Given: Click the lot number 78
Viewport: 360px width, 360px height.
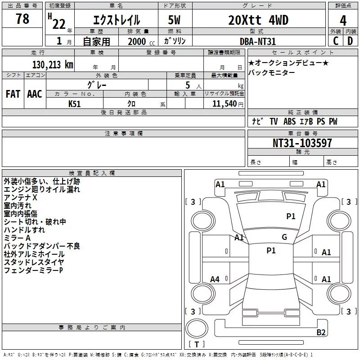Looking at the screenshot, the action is (22, 19).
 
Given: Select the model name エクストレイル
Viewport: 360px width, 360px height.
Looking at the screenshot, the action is (116, 20).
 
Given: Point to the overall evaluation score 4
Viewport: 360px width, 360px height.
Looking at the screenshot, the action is (343, 20).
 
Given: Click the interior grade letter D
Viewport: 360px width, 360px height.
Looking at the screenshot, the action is (350, 40).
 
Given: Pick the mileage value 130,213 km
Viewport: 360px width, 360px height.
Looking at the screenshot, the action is (53, 65).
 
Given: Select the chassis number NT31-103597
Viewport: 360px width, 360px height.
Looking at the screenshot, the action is (302, 144).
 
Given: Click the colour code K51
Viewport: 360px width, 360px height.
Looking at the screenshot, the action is (75, 103).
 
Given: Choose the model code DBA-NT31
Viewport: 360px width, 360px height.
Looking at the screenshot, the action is (257, 41).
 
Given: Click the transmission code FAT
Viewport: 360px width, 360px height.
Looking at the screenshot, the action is (13, 94).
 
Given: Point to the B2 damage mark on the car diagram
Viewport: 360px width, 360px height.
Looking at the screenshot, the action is (321, 333).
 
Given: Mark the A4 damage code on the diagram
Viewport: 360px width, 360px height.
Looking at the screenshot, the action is (215, 279).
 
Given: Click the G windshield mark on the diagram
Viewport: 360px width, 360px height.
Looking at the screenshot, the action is (284, 237).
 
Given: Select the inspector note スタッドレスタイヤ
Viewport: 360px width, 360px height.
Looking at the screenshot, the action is (34, 262).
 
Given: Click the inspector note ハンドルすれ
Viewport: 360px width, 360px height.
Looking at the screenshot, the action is (24, 230).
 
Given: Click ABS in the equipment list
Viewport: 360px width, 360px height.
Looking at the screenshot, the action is (289, 122).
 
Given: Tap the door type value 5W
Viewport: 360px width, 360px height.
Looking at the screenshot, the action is (175, 20).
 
